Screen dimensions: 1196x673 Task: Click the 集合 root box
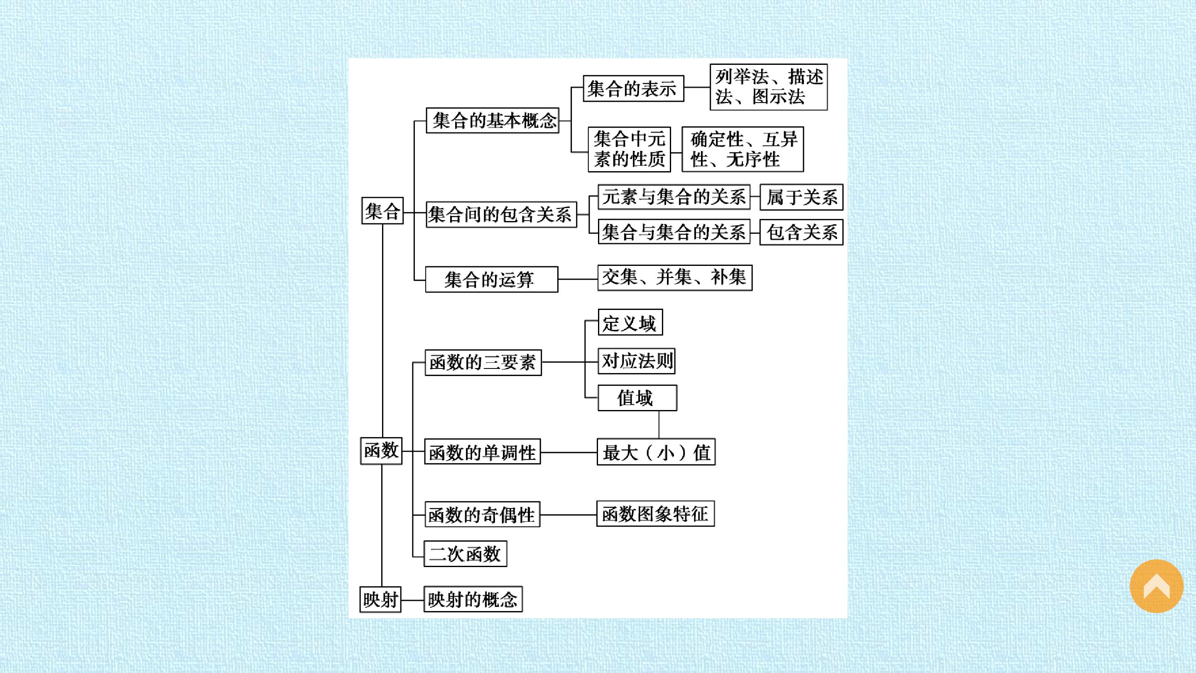coord(382,211)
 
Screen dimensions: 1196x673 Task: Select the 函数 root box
coord(381,450)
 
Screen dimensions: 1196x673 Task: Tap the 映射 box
coord(380,599)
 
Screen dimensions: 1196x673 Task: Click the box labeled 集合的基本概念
coord(493,121)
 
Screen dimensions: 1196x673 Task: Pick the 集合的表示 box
coord(633,88)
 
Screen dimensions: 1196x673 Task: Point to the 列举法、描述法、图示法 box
coord(769,87)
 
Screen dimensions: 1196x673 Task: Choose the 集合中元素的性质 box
coord(630,149)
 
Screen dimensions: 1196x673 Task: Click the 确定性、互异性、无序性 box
coord(743,149)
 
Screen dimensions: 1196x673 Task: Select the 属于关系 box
coord(801,197)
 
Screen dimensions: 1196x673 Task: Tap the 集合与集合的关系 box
coord(674,232)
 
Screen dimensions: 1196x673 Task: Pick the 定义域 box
coord(630,322)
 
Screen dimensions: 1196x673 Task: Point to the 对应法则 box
coord(637,361)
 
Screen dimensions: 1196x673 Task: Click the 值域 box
coord(637,398)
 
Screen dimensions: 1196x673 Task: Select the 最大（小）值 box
coord(656,452)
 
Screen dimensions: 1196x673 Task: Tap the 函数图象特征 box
coord(656,514)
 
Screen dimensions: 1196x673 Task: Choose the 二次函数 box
coord(465,554)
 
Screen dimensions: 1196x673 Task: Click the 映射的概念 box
coord(473,599)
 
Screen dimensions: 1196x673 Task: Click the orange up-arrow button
coord(1157,586)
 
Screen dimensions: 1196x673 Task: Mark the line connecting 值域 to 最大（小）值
coord(659,425)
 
